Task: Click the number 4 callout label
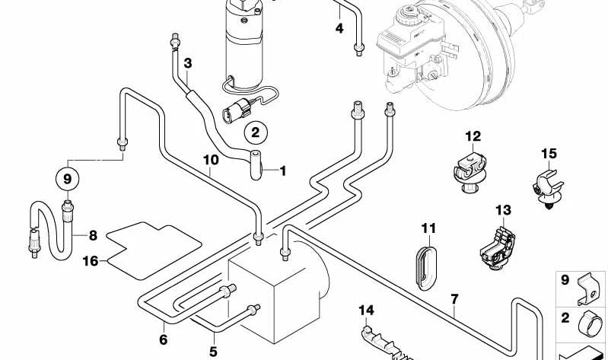pyautogui.click(x=339, y=29)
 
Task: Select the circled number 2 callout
pyautogui.click(x=256, y=132)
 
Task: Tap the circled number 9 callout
pyautogui.click(x=68, y=180)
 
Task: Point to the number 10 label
pyautogui.click(x=211, y=161)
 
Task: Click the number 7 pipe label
pyautogui.click(x=454, y=299)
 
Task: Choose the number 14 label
pyautogui.click(x=367, y=310)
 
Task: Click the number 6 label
pyautogui.click(x=163, y=340)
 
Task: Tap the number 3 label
pyautogui.click(x=187, y=63)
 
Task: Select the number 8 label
pyautogui.click(x=93, y=235)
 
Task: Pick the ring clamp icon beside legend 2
pyautogui.click(x=588, y=321)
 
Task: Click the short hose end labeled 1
pyautogui.click(x=256, y=163)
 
